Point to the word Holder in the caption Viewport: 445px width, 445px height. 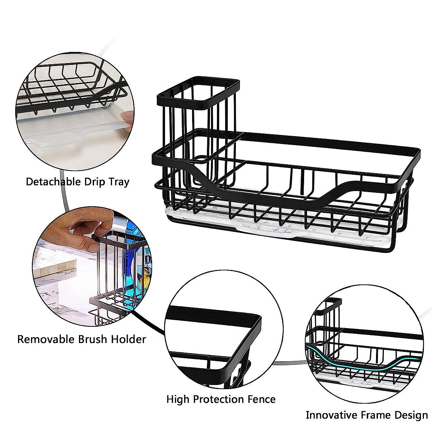click(128, 339)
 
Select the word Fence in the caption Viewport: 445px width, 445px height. click(262, 399)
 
